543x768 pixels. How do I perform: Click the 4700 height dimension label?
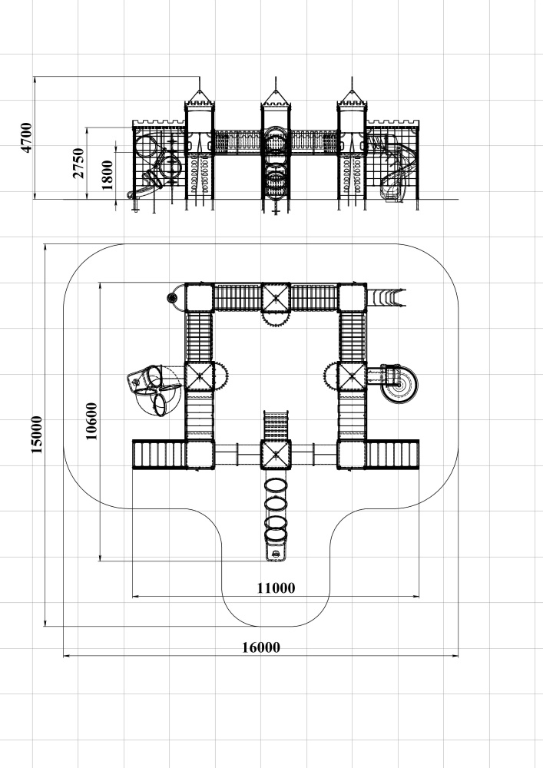pos(26,137)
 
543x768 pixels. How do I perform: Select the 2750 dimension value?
pos(78,163)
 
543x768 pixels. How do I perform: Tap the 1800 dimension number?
pos(108,175)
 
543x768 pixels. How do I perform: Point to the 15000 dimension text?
pos(37,435)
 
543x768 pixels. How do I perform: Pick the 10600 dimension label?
pos(91,421)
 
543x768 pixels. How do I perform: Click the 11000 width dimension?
pos(276,588)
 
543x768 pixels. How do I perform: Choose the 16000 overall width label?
pos(261,647)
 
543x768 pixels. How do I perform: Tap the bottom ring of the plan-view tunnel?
pos(276,535)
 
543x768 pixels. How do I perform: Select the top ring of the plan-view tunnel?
pos(276,486)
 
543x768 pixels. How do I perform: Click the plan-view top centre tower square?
pos(276,297)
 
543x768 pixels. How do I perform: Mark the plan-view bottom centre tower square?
pos(276,455)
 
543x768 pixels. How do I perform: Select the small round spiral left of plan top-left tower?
pos(172,297)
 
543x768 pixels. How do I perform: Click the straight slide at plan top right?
pos(386,297)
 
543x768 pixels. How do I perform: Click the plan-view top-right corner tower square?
pos(352,297)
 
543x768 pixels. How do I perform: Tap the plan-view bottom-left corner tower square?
pos(200,455)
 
